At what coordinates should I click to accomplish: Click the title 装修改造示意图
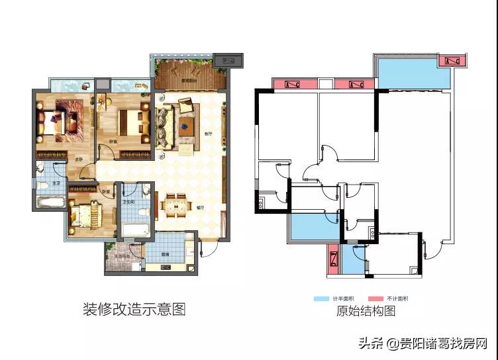tap(134, 308)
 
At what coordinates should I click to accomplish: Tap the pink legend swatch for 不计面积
tap(377, 298)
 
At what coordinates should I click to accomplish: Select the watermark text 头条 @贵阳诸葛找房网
tap(423, 343)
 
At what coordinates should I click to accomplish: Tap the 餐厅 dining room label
tap(201, 207)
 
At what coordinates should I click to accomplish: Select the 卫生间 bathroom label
tap(130, 202)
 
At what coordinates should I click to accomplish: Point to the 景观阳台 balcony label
tap(191, 81)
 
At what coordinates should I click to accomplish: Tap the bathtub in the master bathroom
tap(49, 201)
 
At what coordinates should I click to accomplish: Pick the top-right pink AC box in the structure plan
tap(452, 62)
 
